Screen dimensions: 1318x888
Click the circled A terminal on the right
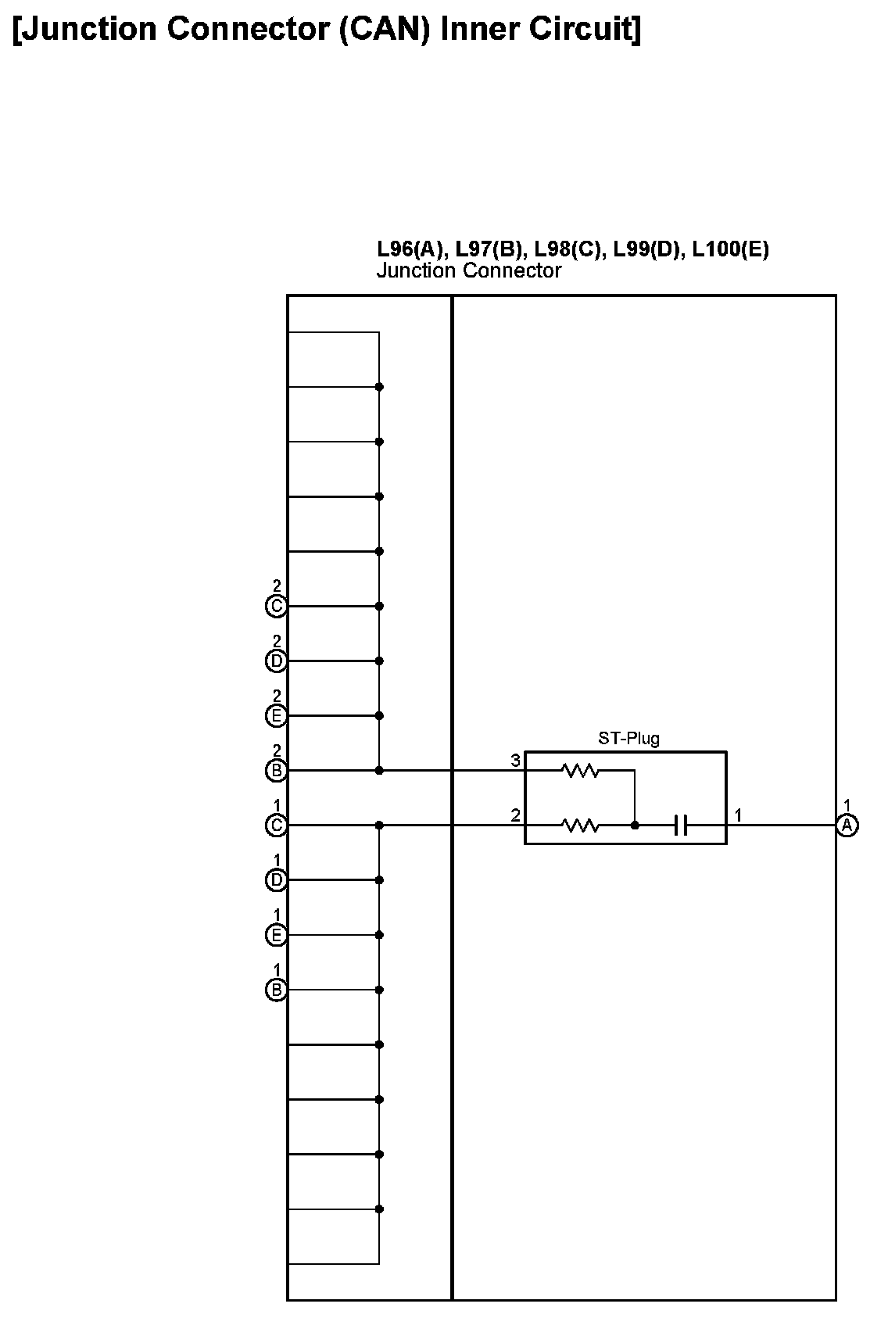point(847,826)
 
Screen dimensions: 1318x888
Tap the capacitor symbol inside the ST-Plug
point(681,826)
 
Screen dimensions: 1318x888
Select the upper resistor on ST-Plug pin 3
point(580,772)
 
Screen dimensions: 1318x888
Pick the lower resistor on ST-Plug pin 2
point(580,826)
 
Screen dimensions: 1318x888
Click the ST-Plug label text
point(628,739)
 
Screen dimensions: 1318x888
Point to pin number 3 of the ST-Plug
point(515,761)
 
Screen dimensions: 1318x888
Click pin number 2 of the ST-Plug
point(515,815)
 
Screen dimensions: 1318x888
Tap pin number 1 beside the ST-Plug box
point(738,815)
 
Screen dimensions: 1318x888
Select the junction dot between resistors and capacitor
point(635,826)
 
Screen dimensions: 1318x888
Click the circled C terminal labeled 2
point(276,607)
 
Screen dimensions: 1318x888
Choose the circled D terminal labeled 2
point(276,661)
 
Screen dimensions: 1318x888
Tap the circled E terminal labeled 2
point(276,716)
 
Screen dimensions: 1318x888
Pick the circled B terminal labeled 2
point(276,772)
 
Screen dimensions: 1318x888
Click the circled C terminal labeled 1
point(276,826)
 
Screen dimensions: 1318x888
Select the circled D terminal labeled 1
point(276,881)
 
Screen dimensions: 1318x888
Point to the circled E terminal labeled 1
point(276,936)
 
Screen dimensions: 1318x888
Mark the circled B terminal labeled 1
point(276,990)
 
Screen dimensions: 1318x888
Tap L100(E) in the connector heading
point(730,249)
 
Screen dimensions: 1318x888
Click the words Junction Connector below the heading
point(469,271)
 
